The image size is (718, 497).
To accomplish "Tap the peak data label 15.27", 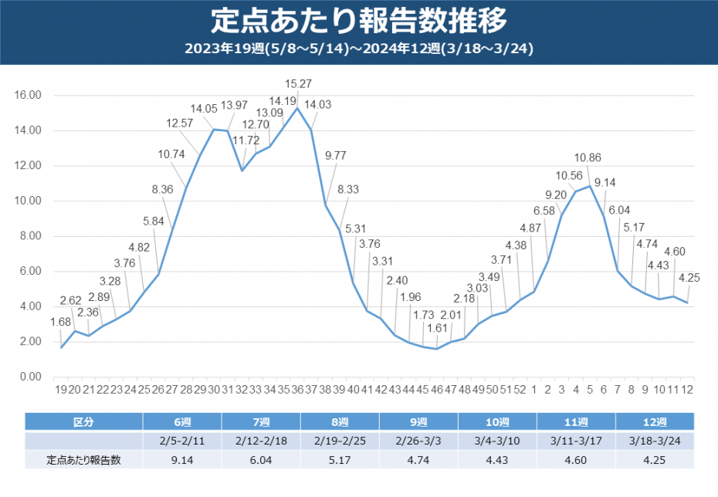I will click(299, 83).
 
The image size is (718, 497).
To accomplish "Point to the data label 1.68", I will click(61, 322).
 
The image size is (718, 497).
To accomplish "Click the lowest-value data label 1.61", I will click(436, 327).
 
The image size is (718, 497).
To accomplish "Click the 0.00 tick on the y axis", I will click(30, 377).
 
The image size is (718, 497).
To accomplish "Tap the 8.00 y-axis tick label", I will click(30, 236).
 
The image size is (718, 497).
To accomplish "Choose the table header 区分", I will click(83, 422).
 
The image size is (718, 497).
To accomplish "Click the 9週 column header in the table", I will click(418, 422).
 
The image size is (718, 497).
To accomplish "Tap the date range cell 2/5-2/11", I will click(182, 441).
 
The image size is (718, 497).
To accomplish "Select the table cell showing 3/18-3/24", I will click(655, 441).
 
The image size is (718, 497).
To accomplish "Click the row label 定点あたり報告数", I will click(83, 460).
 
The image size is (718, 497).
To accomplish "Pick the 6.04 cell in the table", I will click(261, 460).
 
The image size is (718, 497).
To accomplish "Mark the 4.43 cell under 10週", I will click(497, 460).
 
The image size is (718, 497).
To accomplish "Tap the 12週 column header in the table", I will click(655, 422).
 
